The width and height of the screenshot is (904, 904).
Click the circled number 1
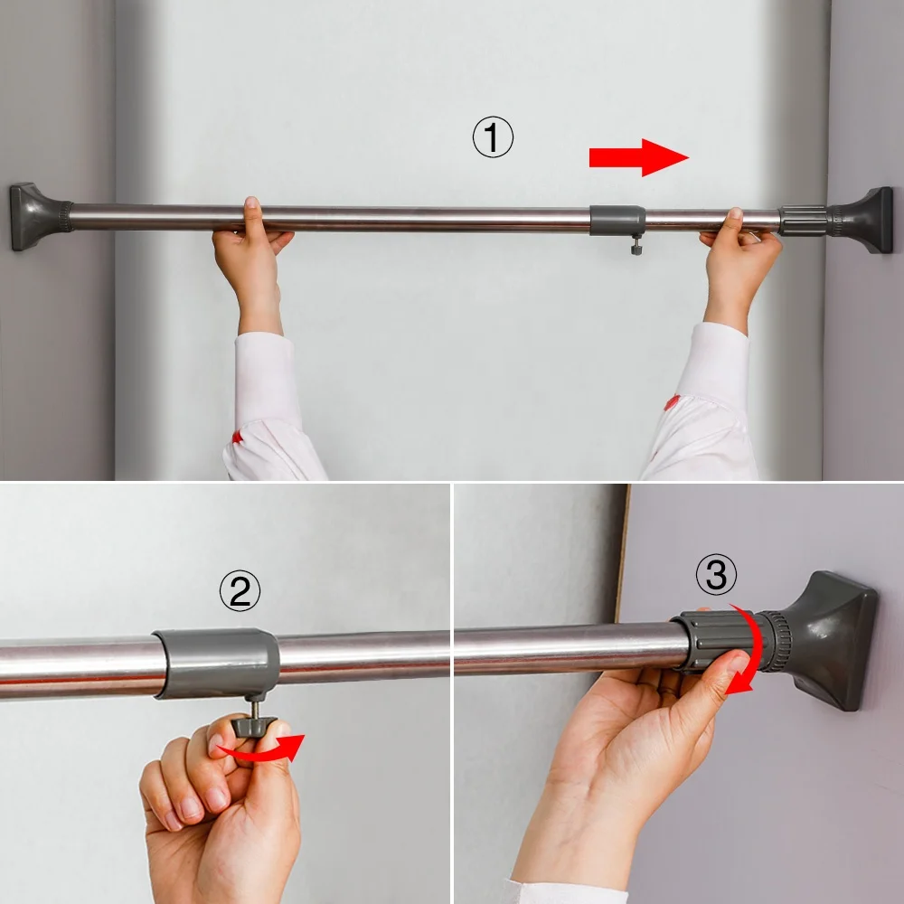(x=493, y=137)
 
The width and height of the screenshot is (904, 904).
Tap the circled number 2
(x=240, y=591)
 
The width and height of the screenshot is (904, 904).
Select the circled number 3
(x=716, y=575)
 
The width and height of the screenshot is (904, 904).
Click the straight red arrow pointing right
(x=639, y=157)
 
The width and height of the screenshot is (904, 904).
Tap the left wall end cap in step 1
(x=39, y=216)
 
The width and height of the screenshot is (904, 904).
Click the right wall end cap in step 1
(x=861, y=221)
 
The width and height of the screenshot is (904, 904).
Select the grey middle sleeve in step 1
(x=617, y=221)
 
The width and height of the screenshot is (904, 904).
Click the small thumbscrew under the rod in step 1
(x=636, y=246)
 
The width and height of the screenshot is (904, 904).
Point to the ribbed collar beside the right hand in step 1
(x=803, y=221)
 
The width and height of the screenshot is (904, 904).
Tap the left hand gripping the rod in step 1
(x=251, y=264)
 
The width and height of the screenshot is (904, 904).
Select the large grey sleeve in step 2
(x=217, y=663)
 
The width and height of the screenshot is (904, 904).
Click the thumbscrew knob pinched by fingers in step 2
(x=254, y=726)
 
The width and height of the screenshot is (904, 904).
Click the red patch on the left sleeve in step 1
(x=237, y=438)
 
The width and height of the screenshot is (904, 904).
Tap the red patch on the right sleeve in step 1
(x=671, y=402)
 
